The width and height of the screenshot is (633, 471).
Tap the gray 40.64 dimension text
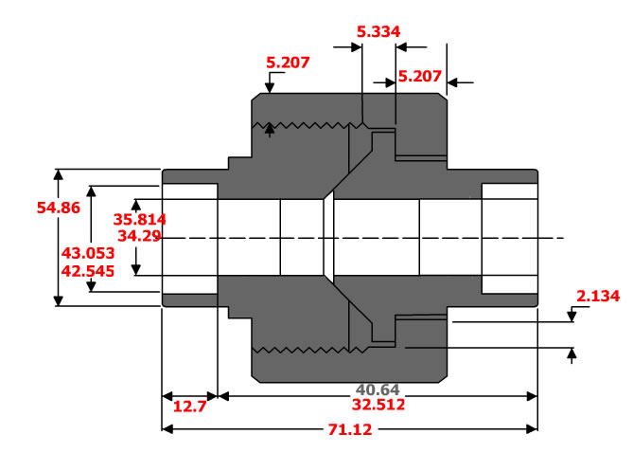(x=379, y=389)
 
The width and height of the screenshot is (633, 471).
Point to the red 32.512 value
(x=378, y=405)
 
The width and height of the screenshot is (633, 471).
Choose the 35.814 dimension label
(x=140, y=217)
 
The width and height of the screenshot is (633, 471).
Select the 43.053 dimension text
(x=87, y=253)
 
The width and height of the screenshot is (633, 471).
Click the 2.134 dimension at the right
(x=597, y=297)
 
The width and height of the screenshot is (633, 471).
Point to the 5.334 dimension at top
(x=378, y=31)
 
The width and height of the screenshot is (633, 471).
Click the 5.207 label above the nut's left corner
(x=288, y=63)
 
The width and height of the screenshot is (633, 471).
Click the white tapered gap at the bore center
(x=328, y=238)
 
